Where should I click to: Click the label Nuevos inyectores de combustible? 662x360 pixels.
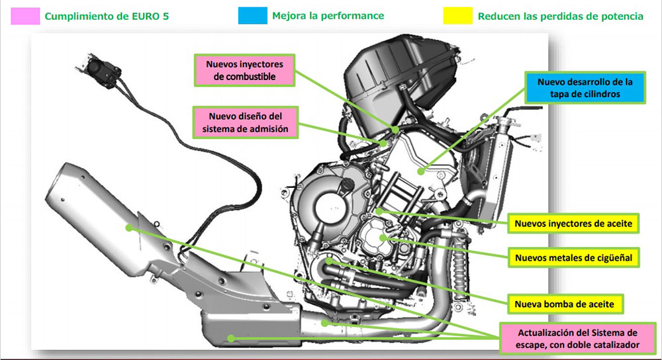point(244,71)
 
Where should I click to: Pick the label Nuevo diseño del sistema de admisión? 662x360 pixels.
point(244,123)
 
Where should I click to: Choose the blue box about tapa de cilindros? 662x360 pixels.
point(585,88)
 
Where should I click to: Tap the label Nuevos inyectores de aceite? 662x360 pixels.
point(575,224)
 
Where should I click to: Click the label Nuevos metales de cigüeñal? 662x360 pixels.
point(575,256)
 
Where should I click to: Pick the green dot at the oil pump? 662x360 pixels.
point(330,262)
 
